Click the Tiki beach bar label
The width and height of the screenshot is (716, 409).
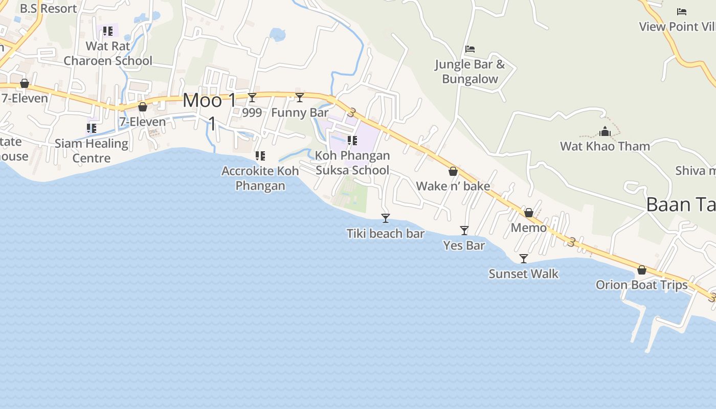point(386,234)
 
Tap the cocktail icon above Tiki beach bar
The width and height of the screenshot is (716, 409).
point(386,218)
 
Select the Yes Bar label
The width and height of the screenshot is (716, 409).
point(464,245)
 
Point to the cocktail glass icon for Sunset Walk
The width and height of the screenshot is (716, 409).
point(523,259)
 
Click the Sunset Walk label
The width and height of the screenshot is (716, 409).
point(523,274)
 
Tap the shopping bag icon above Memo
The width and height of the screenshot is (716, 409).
point(529,213)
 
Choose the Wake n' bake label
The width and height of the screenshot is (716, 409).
point(453,186)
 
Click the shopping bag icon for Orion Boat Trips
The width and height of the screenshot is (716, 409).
point(642,270)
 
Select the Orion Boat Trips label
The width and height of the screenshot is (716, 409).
point(642,285)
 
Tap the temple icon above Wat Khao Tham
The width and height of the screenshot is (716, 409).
point(605,132)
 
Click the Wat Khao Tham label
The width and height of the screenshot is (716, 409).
point(605,146)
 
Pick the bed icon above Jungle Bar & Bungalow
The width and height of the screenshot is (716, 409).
point(470,49)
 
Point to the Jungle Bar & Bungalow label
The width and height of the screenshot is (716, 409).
point(470,72)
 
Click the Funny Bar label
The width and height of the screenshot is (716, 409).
point(300,112)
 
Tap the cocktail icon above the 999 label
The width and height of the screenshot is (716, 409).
point(252,98)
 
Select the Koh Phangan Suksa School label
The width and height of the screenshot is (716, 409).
point(352,163)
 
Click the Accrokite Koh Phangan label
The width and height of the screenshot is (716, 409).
point(260,178)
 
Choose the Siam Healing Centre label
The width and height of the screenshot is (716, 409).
point(92,150)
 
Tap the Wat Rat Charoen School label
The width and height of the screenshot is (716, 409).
point(108,53)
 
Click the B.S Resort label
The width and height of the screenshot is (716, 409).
point(49,9)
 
